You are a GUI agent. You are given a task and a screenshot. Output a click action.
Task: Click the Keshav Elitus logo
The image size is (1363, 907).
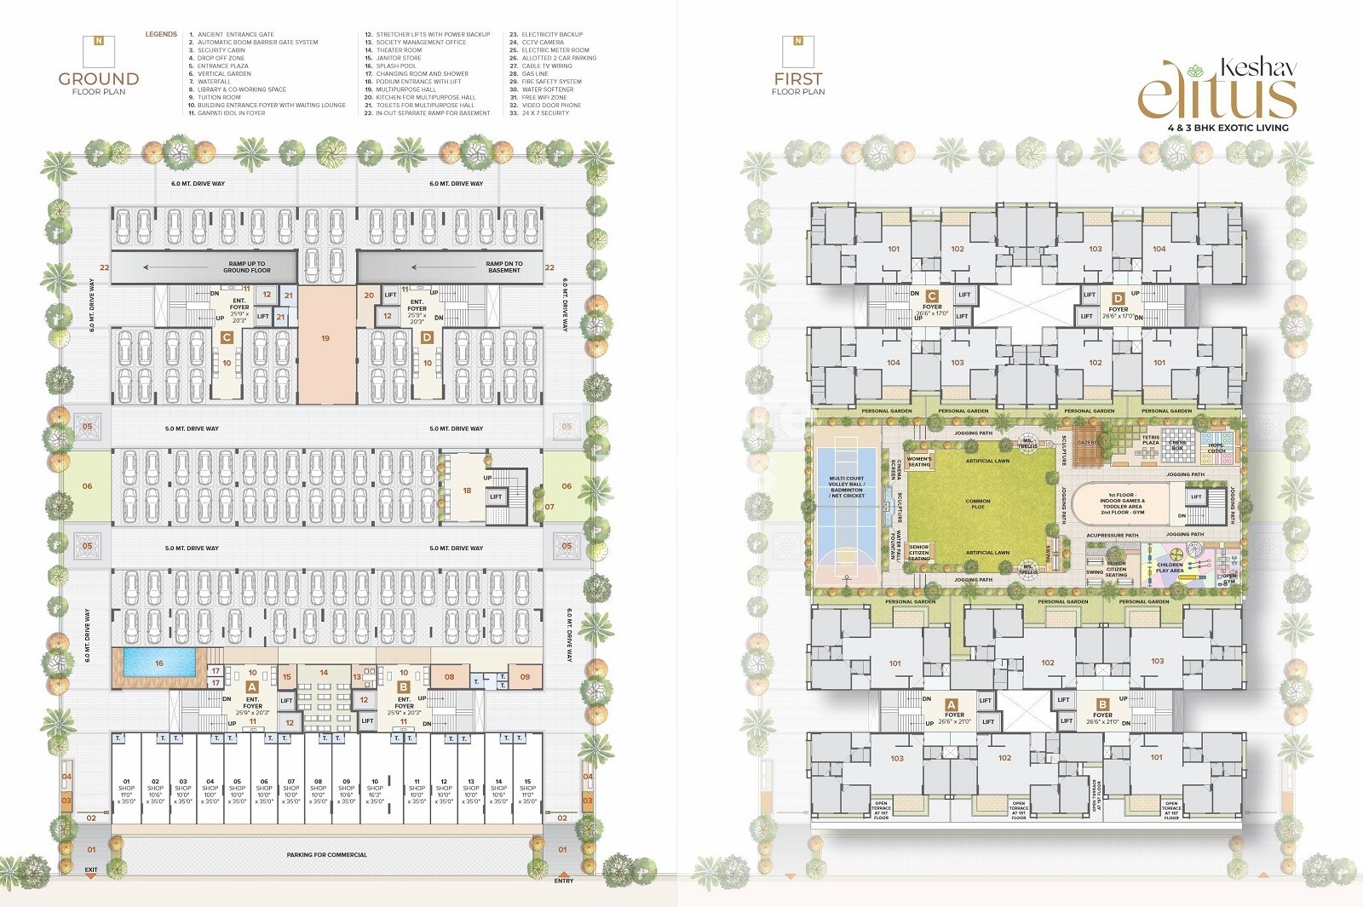pos(1218,90)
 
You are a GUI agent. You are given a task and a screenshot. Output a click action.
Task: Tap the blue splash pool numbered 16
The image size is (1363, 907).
pos(158,663)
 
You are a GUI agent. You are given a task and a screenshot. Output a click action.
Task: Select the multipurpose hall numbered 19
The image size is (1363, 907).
pos(325,339)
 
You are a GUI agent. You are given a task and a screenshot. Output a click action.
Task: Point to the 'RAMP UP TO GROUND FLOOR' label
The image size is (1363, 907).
pos(247,267)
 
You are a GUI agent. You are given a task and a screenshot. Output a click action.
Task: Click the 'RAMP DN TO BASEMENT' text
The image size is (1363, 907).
pos(504,267)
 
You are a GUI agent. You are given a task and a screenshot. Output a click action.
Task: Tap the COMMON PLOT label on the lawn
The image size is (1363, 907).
pos(978,504)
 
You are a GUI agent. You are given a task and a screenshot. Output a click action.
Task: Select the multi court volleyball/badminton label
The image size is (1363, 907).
pos(847,487)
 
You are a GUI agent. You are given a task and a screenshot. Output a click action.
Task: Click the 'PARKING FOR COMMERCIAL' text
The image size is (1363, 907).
pos(326,855)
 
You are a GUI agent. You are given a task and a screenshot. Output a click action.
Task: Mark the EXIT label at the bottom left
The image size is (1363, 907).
pos(91,870)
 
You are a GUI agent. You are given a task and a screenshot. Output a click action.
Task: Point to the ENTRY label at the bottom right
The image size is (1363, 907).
pos(564,881)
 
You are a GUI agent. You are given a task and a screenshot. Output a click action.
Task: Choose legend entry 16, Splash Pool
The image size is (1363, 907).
pos(396,66)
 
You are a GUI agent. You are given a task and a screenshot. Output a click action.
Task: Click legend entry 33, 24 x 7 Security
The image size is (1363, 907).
pos(545,113)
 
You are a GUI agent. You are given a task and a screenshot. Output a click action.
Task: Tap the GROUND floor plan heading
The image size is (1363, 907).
pos(99,79)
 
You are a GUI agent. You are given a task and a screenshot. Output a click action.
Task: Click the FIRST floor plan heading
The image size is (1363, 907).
pos(798,79)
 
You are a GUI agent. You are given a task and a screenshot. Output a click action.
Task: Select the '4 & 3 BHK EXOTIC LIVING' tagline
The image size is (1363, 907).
pos(1228,128)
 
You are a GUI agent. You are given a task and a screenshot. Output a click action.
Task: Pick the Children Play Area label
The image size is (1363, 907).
pos(1170,567)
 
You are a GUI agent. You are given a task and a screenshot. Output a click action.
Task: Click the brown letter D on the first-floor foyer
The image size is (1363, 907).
pos(1118,298)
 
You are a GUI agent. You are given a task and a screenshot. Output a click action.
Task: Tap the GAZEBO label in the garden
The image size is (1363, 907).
pos(1088,443)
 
